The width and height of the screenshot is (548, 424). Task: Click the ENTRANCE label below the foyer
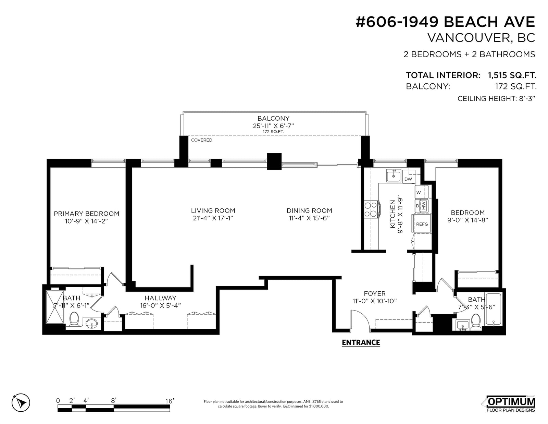coord(361,342)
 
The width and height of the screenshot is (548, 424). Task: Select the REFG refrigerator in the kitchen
coord(422,223)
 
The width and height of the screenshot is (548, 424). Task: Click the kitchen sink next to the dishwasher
coord(394,175)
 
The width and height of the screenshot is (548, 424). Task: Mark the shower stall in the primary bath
coord(55,307)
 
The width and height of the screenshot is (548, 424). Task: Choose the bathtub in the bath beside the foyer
coord(494,310)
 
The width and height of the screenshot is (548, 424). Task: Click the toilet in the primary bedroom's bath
coord(75,319)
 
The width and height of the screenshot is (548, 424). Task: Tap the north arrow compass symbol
coord(21,402)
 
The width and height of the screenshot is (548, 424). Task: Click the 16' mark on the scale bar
coord(170,401)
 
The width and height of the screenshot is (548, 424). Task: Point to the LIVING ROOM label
coord(213,210)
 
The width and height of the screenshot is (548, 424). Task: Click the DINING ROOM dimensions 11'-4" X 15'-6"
coord(309,218)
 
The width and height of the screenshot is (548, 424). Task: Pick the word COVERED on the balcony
coord(201,140)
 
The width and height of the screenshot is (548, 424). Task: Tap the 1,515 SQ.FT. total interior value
coord(512,75)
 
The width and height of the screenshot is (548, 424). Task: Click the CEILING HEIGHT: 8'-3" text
coord(496,98)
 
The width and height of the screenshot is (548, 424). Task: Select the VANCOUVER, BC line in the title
coord(481,38)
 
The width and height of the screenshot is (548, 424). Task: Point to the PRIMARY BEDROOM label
coord(87,214)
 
